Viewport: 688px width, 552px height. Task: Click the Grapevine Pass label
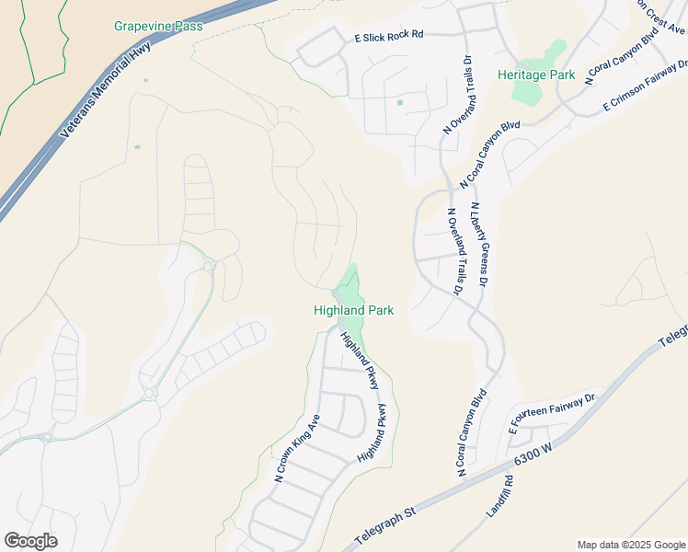click(158, 26)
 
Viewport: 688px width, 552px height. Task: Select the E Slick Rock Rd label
click(389, 36)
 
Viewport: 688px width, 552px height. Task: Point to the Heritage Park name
click(536, 74)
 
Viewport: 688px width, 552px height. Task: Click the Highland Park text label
click(353, 311)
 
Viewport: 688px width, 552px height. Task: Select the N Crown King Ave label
click(296, 448)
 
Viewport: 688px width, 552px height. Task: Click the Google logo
click(30, 541)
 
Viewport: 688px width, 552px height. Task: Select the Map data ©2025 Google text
click(630, 545)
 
